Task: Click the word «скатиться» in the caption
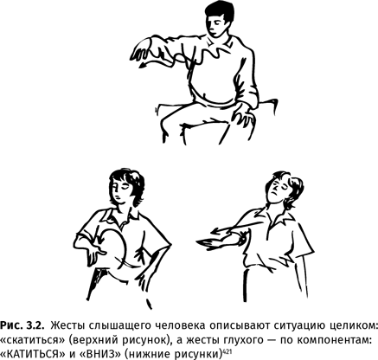coord(33,340)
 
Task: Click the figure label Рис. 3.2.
coord(22,325)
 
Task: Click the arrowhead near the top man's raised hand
coord(142,66)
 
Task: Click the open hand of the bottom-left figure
coord(93,254)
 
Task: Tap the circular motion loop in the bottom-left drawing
coord(125,245)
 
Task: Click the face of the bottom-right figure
coord(276,193)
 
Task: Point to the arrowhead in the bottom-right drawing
coord(215,231)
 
